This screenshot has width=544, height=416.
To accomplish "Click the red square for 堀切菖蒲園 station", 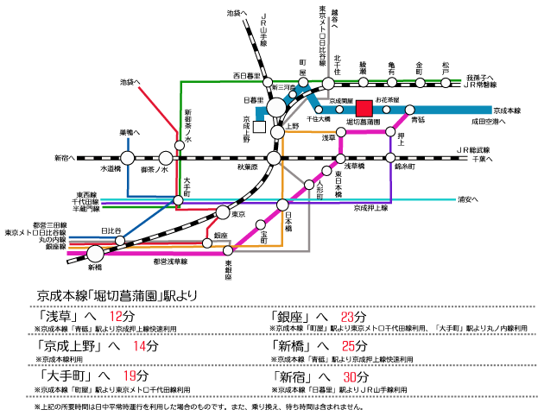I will click(364, 109).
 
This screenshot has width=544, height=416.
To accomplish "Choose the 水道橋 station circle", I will click(128, 158).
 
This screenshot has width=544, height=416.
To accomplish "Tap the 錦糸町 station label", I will click(405, 167).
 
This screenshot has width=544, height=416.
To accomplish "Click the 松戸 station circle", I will click(446, 84).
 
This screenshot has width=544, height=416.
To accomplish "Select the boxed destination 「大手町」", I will click(66, 377).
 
